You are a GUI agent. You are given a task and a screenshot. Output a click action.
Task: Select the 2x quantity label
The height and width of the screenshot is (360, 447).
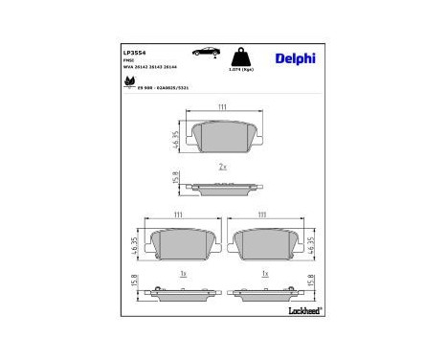point(222,167)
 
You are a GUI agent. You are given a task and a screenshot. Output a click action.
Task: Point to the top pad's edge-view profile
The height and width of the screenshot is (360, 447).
point(222,188)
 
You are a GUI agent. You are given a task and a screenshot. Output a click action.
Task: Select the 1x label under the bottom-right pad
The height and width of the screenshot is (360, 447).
point(263,273)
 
